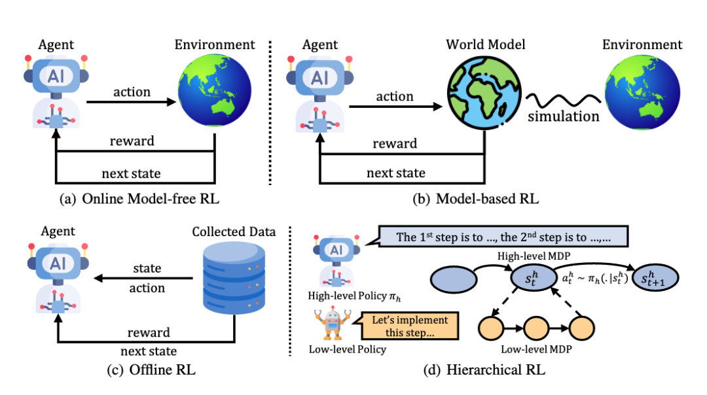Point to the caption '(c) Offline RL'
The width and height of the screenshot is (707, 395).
(151, 371)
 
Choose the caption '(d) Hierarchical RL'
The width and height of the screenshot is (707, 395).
(485, 371)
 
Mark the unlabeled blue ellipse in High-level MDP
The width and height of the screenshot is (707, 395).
(452, 279)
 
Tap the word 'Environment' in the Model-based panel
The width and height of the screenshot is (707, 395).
(641, 46)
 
